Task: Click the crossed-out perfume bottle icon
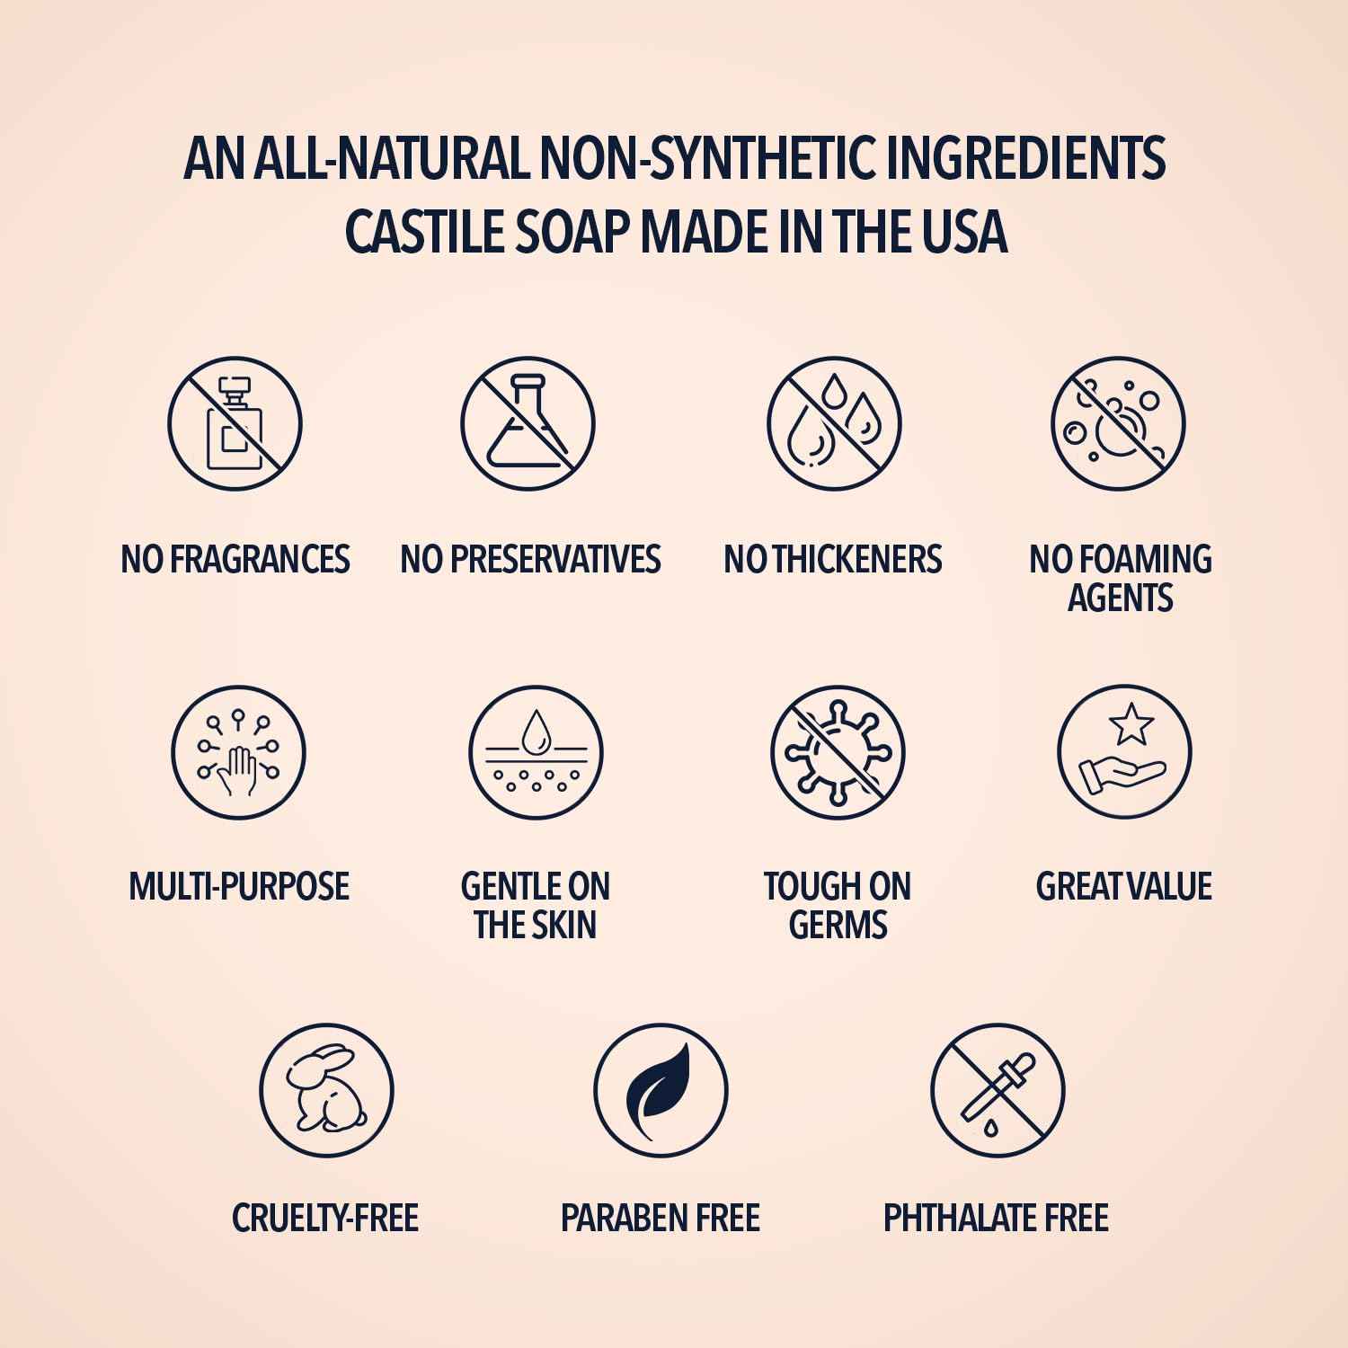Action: (x=235, y=424)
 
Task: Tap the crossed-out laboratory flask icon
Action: (x=528, y=424)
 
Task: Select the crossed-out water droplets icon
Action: (x=834, y=424)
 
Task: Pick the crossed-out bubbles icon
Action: (x=1119, y=424)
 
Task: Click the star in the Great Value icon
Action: (x=1131, y=723)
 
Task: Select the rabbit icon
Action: (x=326, y=1089)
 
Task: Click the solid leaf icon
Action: (x=661, y=1089)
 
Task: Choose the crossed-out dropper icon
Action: (x=998, y=1089)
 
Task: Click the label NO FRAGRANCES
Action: (x=235, y=559)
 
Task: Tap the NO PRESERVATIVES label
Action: (x=530, y=559)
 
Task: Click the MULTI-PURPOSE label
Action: (x=238, y=887)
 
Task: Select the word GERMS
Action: (x=838, y=926)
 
